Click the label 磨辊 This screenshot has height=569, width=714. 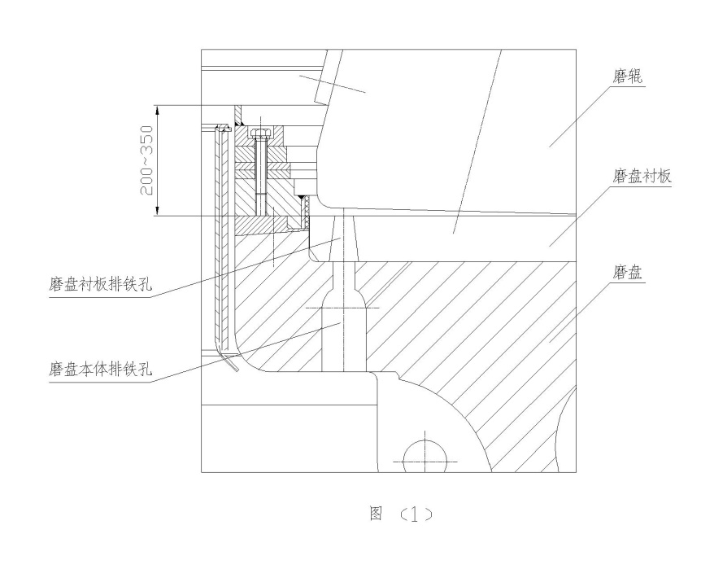627,77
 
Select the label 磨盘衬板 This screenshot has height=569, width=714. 642,176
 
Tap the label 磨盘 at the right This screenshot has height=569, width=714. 627,273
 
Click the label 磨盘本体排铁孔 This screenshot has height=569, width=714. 100,369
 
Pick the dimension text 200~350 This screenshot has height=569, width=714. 147,160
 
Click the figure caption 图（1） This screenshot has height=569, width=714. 401,514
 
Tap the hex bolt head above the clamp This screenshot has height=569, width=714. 260,133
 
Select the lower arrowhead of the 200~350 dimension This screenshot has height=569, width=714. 157,210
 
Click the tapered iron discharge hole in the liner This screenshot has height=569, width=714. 344,237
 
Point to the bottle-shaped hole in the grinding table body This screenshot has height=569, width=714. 344,317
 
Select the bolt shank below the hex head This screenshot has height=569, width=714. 259,177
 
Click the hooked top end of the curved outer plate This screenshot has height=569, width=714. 223,127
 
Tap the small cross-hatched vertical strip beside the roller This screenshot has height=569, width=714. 307,211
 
